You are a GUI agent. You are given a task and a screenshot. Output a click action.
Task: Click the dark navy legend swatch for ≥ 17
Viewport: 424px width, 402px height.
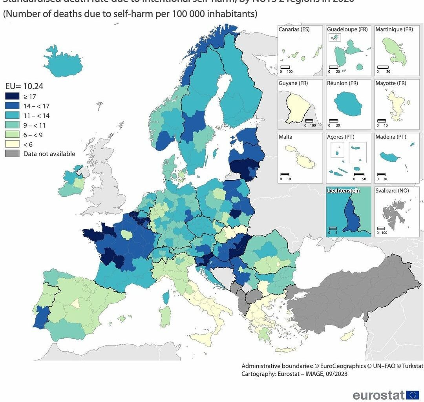pos(12,96)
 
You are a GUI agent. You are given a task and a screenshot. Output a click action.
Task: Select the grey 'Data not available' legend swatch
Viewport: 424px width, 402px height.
pos(12,153)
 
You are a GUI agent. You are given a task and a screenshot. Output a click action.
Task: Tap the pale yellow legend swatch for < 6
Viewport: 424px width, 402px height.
pos(12,144)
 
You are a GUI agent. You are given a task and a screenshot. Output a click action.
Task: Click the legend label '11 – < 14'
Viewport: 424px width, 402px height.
pos(37,115)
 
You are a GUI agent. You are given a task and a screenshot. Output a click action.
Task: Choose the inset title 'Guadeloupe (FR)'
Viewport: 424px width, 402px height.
pos(347,29)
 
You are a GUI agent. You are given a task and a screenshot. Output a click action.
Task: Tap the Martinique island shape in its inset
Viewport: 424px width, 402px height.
pos(393,51)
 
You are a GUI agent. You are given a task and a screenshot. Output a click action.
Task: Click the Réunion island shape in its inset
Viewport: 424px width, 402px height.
pos(348,104)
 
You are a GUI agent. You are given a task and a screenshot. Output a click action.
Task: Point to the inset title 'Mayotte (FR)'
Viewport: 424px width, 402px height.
pos(391,83)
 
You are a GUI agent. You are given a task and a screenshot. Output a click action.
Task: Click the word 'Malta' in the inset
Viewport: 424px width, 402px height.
pos(285,137)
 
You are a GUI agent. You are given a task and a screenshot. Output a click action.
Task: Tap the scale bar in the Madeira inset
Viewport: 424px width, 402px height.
pos(381,174)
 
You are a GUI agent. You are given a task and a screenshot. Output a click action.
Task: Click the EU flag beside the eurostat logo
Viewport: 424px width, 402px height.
pos(413,395)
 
